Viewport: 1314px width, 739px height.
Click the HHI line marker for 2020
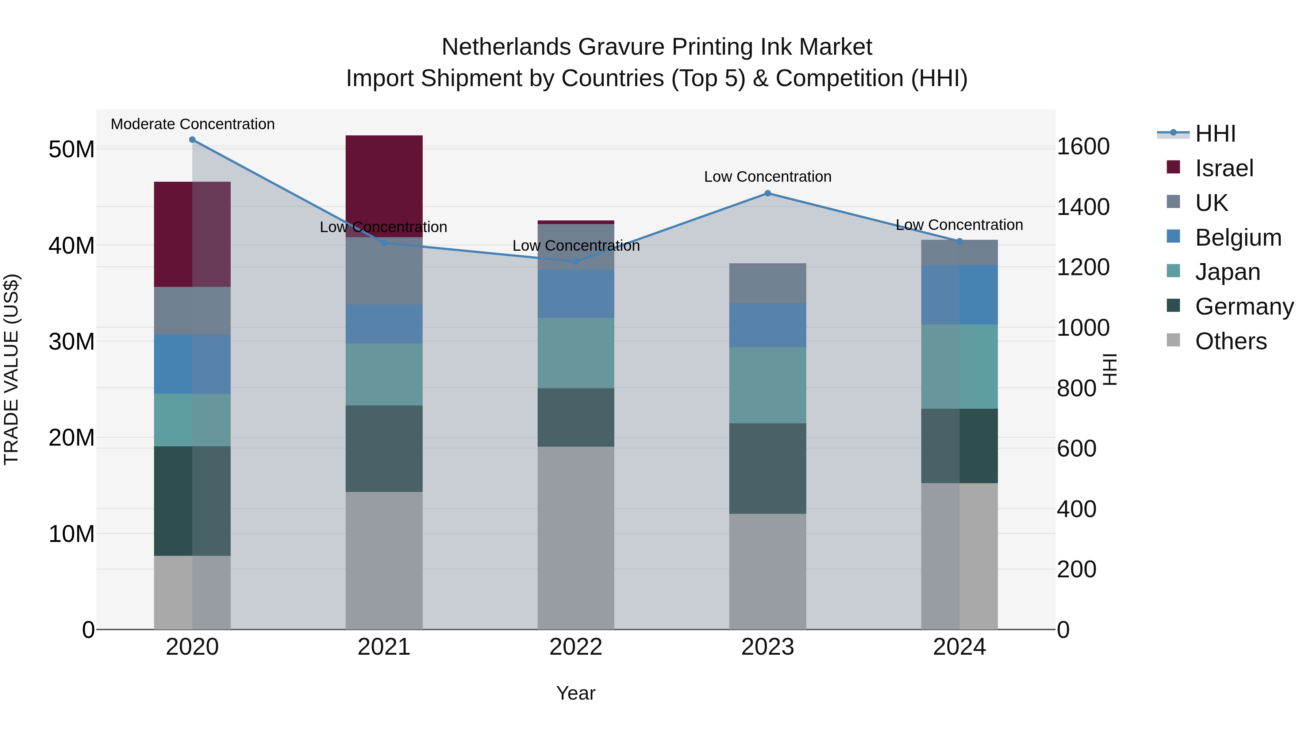[x=192, y=140]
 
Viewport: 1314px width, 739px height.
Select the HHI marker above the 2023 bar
[x=768, y=193]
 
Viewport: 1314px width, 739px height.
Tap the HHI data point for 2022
[x=576, y=262]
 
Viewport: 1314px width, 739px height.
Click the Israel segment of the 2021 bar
[x=384, y=186]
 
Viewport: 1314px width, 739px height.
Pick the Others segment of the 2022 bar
[x=576, y=538]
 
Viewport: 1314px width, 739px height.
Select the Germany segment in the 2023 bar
[x=768, y=468]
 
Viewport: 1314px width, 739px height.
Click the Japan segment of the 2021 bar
[x=384, y=374]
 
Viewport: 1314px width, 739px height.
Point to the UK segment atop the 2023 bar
[x=768, y=284]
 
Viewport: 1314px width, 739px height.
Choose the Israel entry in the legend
[x=1224, y=168]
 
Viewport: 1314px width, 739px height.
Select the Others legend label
[x=1230, y=341]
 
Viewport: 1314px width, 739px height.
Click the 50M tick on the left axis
[x=72, y=149]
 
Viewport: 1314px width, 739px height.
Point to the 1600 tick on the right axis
[x=1083, y=147]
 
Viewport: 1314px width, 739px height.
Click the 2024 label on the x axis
[x=959, y=647]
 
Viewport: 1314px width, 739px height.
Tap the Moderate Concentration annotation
[x=192, y=124]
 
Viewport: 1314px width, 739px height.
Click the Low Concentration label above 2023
[x=768, y=177]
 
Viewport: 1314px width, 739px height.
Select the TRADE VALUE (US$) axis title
[x=11, y=369]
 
